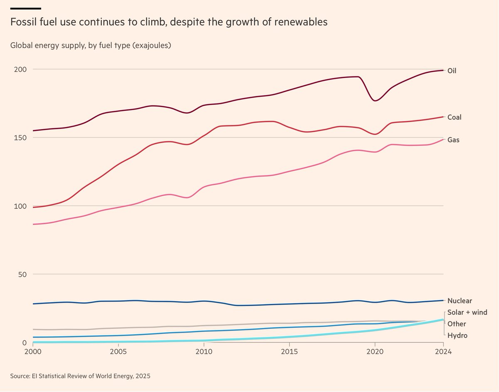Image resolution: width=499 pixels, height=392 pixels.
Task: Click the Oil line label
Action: tap(452, 71)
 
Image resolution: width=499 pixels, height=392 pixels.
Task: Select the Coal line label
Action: tap(454, 118)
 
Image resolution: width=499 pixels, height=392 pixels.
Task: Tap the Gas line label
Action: tap(453, 140)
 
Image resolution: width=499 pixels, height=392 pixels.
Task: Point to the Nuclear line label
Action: tap(459, 301)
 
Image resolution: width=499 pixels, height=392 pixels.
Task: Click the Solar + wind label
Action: tap(467, 312)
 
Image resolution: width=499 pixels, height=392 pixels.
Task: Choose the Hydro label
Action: tap(457, 335)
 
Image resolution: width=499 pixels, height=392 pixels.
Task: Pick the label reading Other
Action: tap(457, 324)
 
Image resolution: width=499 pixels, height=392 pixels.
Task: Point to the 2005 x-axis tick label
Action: tap(119, 351)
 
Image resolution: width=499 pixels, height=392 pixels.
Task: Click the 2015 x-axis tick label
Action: tap(289, 351)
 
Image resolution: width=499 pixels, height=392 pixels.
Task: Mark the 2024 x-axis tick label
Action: tap(443, 351)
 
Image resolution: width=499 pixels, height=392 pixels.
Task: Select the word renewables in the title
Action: tap(303, 22)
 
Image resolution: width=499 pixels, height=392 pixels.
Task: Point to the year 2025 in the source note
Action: tap(143, 376)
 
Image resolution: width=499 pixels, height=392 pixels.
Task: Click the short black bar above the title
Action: tap(25, 8)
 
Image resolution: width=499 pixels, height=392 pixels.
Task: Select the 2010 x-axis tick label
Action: tap(204, 351)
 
